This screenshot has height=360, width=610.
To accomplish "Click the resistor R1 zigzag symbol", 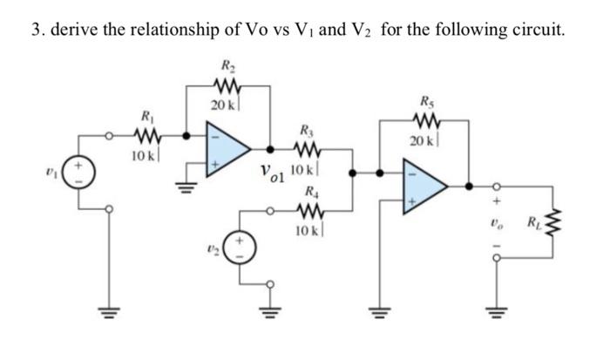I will pyautogui.click(x=144, y=135).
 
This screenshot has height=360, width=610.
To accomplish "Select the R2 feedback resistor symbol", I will pyautogui.click(x=228, y=85).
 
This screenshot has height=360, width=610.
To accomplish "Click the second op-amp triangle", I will pyautogui.click(x=421, y=185).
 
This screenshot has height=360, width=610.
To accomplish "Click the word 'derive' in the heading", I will pyautogui.click(x=74, y=31).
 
